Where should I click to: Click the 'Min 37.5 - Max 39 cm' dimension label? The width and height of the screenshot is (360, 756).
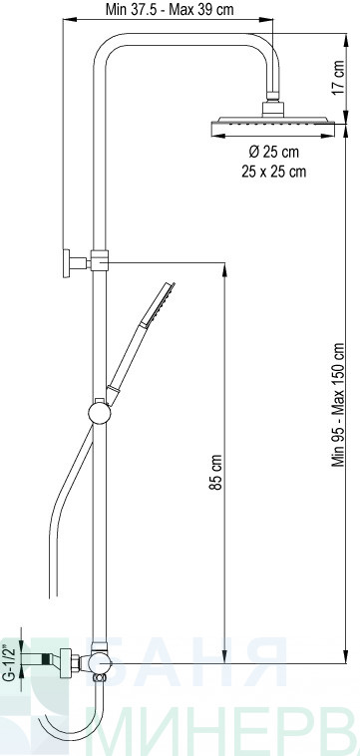[170, 9]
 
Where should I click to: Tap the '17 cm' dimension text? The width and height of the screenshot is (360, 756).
[338, 78]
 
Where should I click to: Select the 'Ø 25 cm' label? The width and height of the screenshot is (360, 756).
[273, 152]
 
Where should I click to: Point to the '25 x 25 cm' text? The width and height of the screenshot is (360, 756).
[273, 172]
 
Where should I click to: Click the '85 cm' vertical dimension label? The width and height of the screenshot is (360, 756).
[216, 472]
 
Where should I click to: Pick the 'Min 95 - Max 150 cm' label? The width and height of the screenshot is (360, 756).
[338, 405]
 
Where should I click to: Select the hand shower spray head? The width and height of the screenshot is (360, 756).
[159, 305]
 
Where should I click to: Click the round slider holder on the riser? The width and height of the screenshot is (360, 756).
[100, 414]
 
